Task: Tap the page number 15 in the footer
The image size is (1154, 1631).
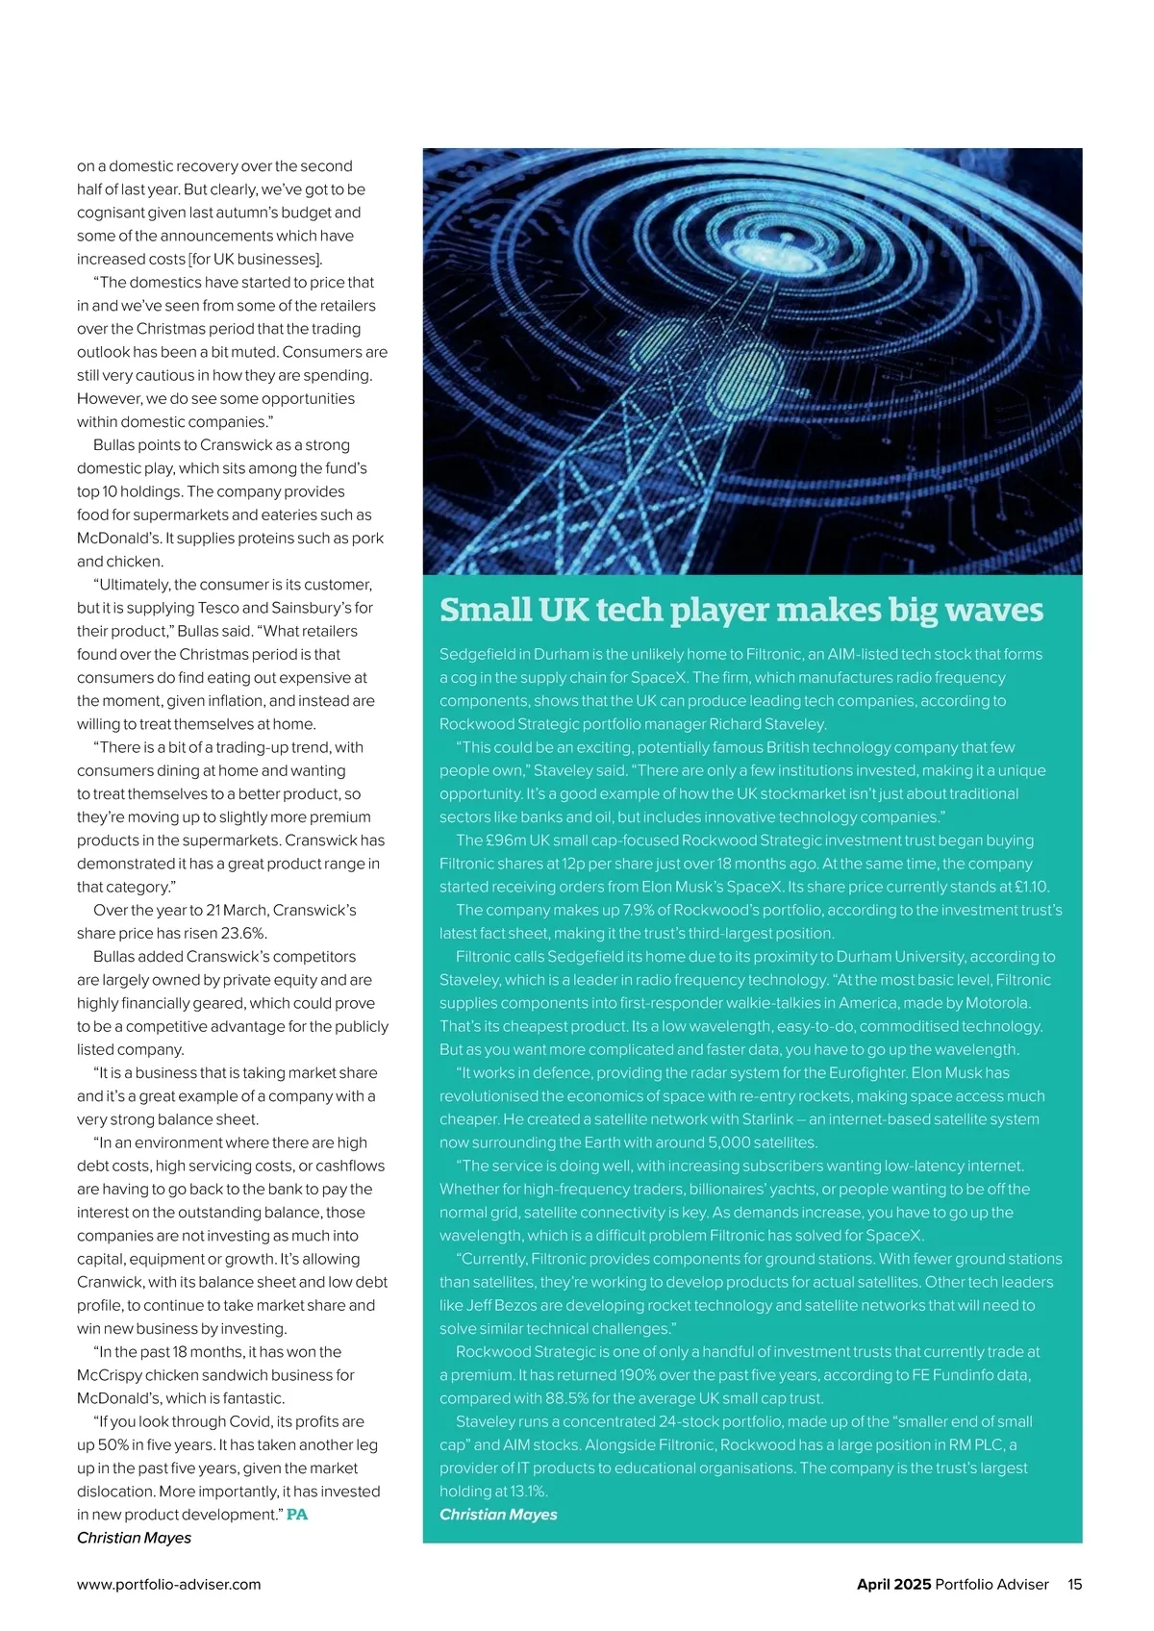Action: (x=1074, y=1584)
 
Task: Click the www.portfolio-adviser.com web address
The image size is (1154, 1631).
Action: (x=169, y=1584)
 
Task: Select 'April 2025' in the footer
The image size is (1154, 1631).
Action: (x=893, y=1584)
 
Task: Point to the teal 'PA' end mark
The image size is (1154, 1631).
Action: (x=297, y=1515)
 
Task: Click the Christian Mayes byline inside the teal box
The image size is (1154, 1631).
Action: (x=498, y=1515)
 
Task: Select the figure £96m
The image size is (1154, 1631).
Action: (x=506, y=841)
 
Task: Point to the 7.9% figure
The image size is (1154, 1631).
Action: (x=639, y=910)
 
